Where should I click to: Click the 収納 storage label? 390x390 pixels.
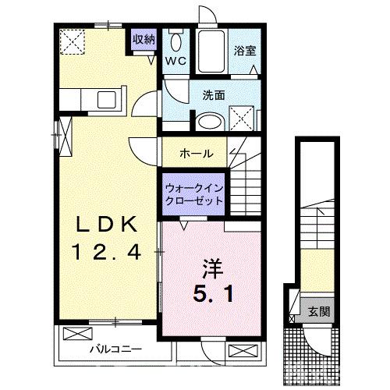pos(143,39)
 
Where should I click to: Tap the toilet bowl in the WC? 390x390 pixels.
pos(176,44)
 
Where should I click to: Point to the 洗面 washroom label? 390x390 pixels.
pos(213,95)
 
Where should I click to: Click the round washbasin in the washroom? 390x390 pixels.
pos(207,122)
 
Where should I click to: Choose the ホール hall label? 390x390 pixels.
pos(197,153)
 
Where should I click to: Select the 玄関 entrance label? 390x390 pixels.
pos(322,313)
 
